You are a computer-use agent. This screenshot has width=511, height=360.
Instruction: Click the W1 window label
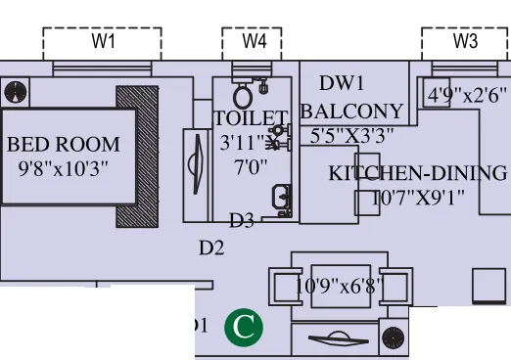pos(104,41)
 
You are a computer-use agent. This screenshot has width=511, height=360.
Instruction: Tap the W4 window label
pos(255,41)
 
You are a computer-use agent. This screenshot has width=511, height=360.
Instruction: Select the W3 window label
pos(466,41)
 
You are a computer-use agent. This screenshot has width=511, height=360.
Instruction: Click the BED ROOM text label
pos(64,145)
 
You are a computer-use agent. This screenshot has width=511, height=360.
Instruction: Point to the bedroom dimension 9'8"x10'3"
pos(64,167)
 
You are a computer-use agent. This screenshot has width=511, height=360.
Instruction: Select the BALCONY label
pos(351,111)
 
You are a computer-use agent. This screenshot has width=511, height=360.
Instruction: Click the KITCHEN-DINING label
pos(418,174)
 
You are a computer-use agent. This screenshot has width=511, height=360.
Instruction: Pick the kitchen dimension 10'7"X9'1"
pos(418,198)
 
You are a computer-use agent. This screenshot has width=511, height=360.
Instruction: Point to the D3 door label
pos(242,220)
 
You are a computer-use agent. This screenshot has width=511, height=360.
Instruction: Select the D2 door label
pos(211,248)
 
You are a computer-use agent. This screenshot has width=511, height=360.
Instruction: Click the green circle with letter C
pos(243,327)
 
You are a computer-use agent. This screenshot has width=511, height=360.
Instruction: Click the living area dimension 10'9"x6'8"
pos(340,287)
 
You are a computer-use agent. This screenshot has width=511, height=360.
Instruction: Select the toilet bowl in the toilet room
pos(243,96)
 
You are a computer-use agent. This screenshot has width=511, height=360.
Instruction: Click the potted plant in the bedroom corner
pos(16,93)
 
